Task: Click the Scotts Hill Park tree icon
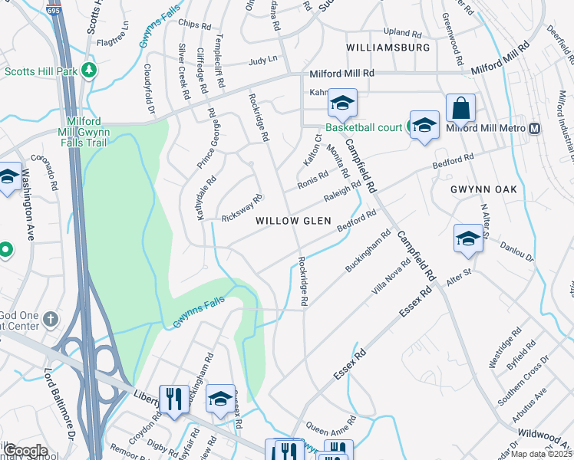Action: click(x=90, y=71)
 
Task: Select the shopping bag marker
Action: click(x=461, y=110)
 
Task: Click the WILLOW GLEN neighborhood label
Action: click(x=293, y=221)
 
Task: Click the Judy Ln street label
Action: click(x=262, y=61)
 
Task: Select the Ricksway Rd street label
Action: click(x=241, y=209)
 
